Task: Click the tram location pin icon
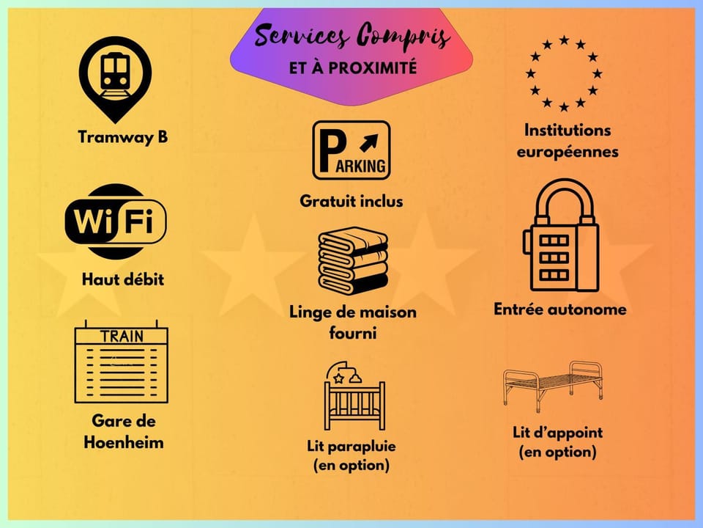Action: pos(115,79)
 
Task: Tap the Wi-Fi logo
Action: pos(116,221)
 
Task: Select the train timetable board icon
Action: pos(121,362)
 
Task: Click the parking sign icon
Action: pos(351,150)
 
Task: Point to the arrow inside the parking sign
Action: pos(369,143)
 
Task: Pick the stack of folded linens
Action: pos(353,260)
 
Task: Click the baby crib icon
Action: pos(354,395)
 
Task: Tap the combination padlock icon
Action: pos(561,235)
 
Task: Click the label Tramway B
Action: pos(123,137)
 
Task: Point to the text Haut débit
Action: pos(123,279)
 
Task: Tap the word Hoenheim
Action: pos(124,442)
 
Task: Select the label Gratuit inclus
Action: pos(351,201)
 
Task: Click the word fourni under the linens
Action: pos(353,333)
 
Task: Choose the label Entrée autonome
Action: pos(560,309)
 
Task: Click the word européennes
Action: pos(568,152)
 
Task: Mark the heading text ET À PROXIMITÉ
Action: pos(353,67)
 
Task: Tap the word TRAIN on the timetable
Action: pos(122,337)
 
